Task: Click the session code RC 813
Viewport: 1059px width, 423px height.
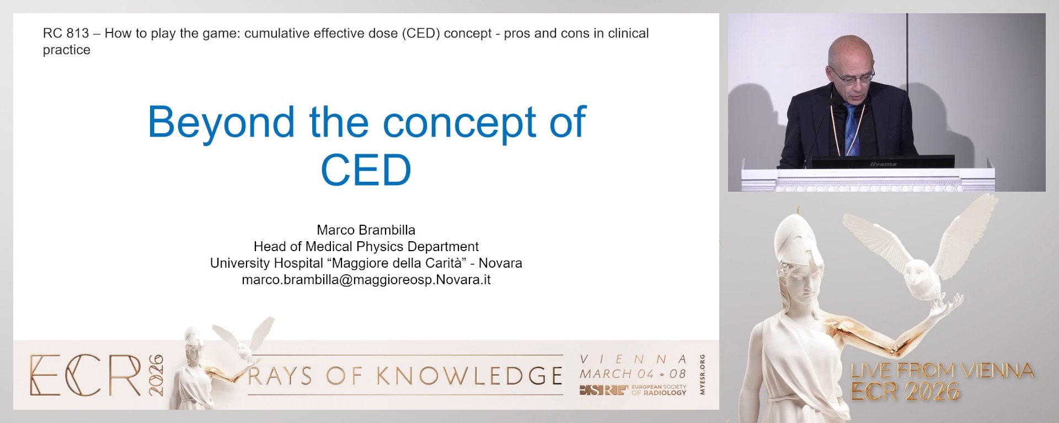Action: pyautogui.click(x=66, y=34)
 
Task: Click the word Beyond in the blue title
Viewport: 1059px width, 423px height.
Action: pyautogui.click(x=221, y=122)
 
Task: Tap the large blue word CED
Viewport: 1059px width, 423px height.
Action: pyautogui.click(x=366, y=170)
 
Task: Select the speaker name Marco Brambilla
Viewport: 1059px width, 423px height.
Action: pyautogui.click(x=366, y=230)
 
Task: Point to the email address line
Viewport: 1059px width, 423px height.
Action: pyautogui.click(x=366, y=280)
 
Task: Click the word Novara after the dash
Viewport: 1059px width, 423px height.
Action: pyautogui.click(x=500, y=263)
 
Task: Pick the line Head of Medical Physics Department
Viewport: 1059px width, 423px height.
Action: pyautogui.click(x=366, y=247)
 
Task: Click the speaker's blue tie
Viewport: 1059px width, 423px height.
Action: pyautogui.click(x=852, y=129)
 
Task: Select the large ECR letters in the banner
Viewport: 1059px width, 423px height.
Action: pyautogui.click(x=85, y=376)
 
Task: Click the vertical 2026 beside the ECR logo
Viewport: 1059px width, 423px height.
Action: pyautogui.click(x=156, y=376)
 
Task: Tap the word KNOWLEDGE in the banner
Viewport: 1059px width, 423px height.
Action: pyautogui.click(x=469, y=376)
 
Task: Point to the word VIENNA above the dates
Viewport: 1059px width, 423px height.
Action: pyautogui.click(x=633, y=360)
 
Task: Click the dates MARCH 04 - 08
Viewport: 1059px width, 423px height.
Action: pyautogui.click(x=633, y=374)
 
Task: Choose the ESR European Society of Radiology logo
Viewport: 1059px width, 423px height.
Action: pyautogui.click(x=633, y=390)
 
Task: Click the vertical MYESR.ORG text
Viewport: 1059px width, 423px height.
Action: pyautogui.click(x=702, y=375)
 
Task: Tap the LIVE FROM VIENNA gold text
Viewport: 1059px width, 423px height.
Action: pyautogui.click(x=942, y=370)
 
